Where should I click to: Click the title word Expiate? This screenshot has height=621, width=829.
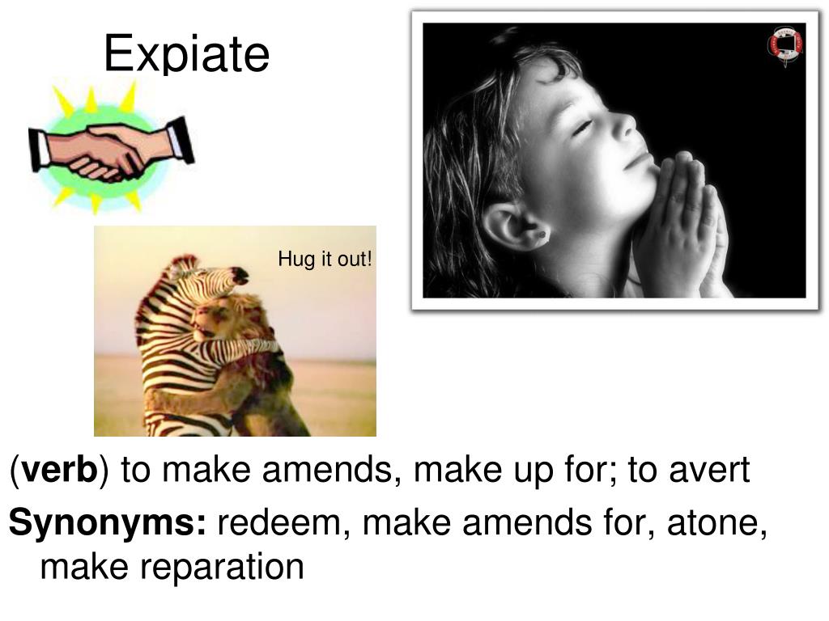186,54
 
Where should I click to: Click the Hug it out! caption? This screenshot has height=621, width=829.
325,260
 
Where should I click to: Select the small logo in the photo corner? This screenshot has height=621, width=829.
784,45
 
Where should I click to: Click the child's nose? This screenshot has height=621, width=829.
624,123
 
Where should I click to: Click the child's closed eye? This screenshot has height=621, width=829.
585,128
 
